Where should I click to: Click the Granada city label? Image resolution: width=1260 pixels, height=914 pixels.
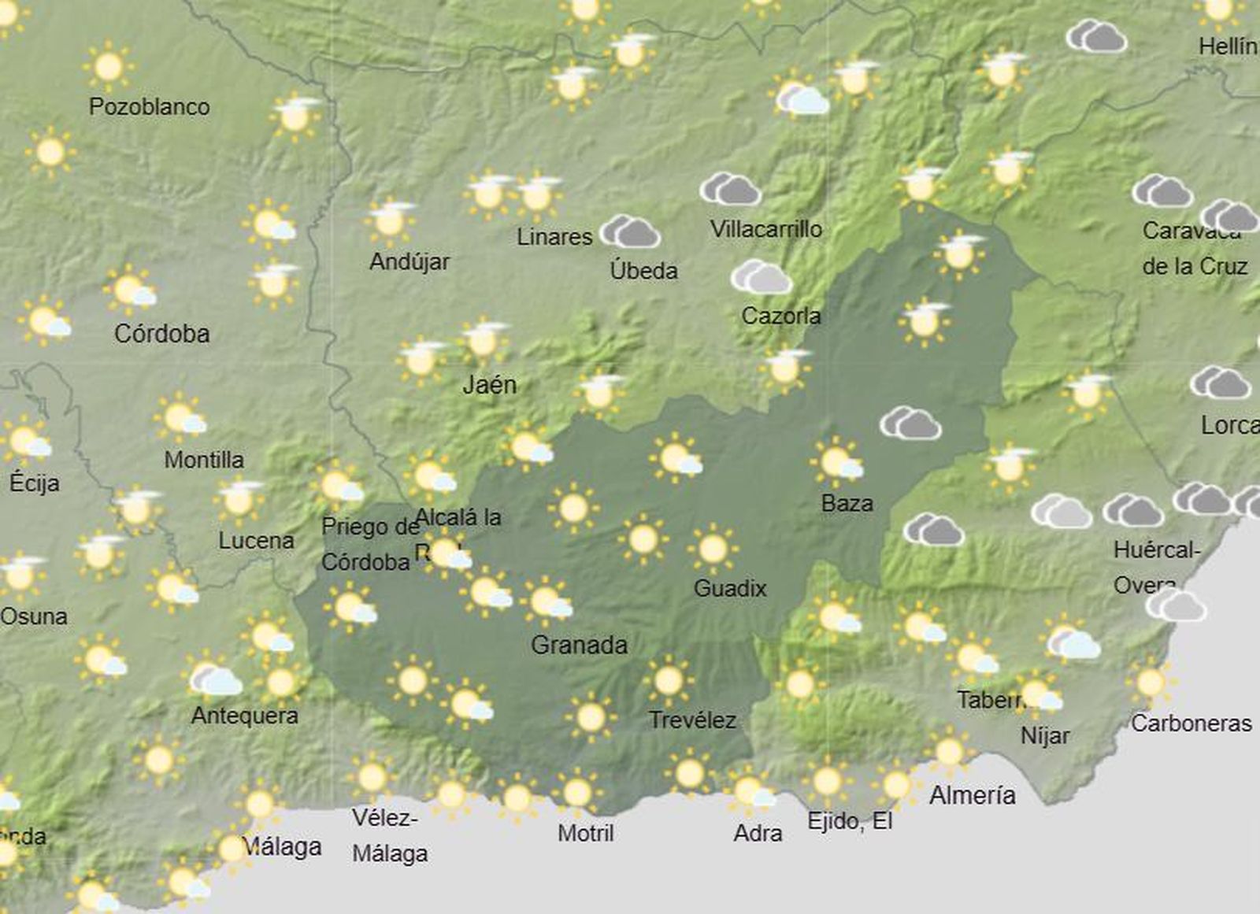tap(579, 646)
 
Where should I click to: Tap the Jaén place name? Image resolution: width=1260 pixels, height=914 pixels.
tap(489, 385)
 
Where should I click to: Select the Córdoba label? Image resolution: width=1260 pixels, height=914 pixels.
tap(161, 334)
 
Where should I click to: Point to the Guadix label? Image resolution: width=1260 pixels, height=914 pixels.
tap(729, 588)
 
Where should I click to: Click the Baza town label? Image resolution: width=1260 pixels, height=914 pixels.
tap(847, 503)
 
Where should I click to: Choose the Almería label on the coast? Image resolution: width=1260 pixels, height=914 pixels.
tap(972, 795)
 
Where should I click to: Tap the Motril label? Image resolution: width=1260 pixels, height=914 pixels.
tap(585, 833)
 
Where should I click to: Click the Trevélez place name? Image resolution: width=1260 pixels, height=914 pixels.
tap(692, 720)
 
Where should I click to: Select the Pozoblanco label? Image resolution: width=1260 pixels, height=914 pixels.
tap(149, 107)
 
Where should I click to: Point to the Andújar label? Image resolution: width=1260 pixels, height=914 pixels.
tap(409, 261)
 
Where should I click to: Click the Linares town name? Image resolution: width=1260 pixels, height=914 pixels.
tap(554, 236)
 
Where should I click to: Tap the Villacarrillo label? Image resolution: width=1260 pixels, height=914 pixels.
tap(765, 229)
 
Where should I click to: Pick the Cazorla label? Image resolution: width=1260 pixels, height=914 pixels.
tap(780, 316)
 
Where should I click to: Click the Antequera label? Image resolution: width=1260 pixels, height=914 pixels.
tap(244, 716)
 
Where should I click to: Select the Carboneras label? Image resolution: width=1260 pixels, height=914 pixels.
tap(1191, 723)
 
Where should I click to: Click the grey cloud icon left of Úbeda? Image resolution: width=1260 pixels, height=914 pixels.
tap(630, 231)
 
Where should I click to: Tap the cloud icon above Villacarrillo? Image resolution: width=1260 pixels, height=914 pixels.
tap(731, 190)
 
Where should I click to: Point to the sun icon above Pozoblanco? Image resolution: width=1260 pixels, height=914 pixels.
tap(108, 67)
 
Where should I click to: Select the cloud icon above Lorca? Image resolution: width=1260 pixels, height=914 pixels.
tap(1220, 383)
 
